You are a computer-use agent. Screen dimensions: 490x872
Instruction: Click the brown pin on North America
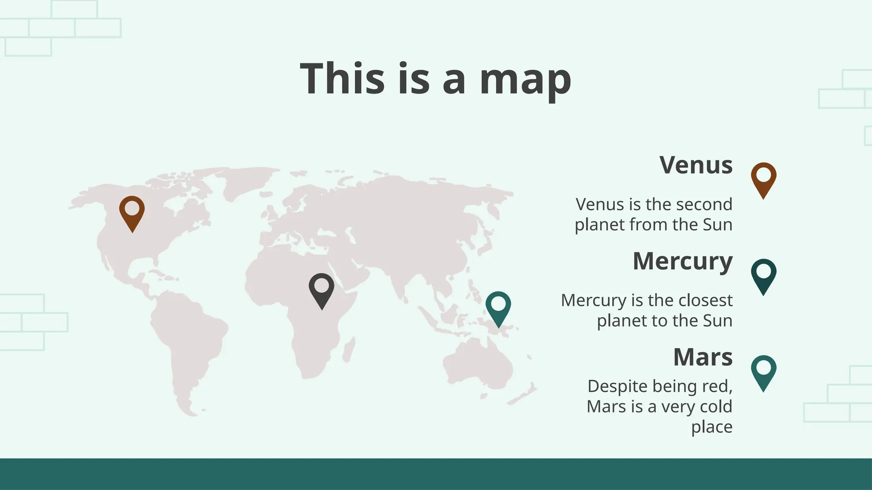(x=132, y=213)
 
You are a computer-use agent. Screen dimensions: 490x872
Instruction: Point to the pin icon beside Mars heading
(x=763, y=372)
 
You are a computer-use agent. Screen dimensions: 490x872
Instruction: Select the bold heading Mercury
(x=683, y=261)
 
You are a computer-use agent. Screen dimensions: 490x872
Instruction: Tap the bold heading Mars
(x=703, y=357)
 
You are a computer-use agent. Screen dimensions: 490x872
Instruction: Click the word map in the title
(x=525, y=80)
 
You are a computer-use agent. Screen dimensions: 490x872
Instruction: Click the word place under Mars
(x=711, y=427)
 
